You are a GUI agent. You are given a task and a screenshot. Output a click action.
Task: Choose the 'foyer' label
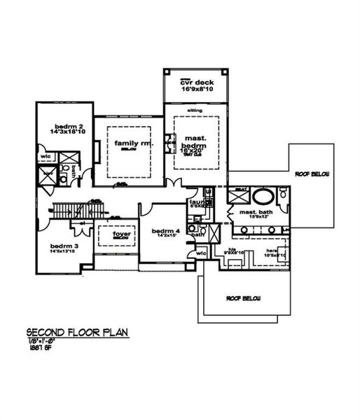(116, 235)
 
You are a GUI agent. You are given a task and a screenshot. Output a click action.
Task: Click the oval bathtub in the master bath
(263, 195)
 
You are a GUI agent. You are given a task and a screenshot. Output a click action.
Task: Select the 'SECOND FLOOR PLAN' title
(77, 332)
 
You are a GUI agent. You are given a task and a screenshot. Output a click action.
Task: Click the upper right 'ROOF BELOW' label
(312, 174)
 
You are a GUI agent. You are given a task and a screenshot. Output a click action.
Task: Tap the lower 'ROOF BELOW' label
(243, 298)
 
